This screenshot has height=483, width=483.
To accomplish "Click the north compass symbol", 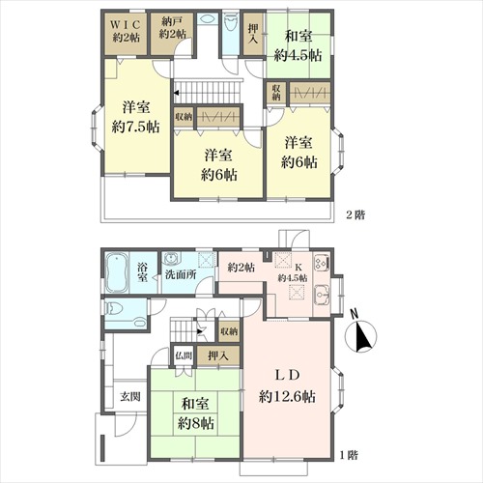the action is (x=360, y=335).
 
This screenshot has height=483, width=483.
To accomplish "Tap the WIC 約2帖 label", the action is (x=126, y=31).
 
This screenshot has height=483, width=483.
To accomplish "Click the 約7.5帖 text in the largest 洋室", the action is (x=135, y=128).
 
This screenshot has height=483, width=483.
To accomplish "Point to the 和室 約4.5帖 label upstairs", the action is (x=298, y=45).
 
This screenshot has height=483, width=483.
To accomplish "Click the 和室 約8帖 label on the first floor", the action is (x=196, y=413).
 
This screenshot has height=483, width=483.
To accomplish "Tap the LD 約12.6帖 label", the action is (x=287, y=385).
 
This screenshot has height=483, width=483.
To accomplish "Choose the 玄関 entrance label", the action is (x=130, y=397).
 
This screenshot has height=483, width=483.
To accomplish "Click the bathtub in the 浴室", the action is (x=116, y=273).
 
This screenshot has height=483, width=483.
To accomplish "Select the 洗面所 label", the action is (x=181, y=275).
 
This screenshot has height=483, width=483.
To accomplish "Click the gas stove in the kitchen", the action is (x=322, y=263).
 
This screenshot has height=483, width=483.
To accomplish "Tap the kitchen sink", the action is (x=322, y=296).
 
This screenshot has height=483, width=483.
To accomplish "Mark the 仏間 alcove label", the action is (x=184, y=355).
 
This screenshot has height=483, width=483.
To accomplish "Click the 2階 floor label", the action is (x=355, y=214).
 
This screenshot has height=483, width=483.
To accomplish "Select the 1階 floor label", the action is (x=349, y=455).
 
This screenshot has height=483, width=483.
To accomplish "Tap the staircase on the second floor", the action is (x=208, y=92).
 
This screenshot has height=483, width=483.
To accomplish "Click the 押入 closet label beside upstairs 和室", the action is (x=253, y=34).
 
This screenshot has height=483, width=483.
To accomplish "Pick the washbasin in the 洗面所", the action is (x=169, y=259).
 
